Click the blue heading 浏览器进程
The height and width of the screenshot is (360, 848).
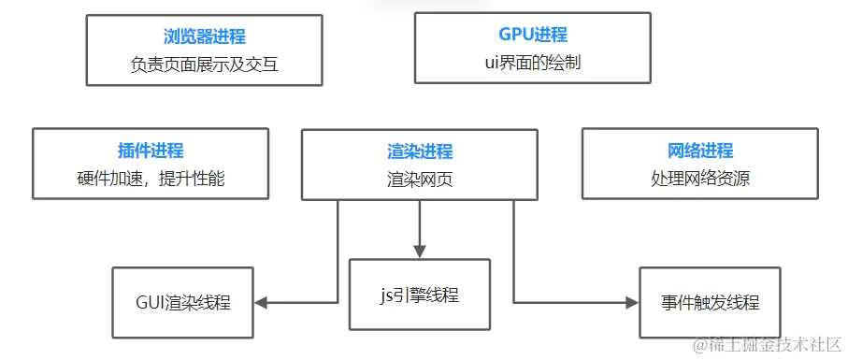(x=204, y=36)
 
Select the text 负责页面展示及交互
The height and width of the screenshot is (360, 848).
(x=204, y=65)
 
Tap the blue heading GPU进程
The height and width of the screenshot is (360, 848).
(x=533, y=35)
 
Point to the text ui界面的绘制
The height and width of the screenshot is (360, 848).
(x=533, y=63)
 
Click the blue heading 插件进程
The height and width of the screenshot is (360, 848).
(x=151, y=151)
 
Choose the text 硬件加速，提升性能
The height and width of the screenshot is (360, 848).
(x=151, y=179)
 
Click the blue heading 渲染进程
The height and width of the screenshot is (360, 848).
(x=420, y=151)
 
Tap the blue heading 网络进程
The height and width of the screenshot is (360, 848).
(x=700, y=151)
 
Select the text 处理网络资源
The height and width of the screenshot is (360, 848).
(x=700, y=179)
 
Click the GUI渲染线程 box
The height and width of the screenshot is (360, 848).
(x=183, y=302)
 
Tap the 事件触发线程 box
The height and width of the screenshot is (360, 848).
(x=710, y=302)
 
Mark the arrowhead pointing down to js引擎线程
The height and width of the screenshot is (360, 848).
(x=419, y=251)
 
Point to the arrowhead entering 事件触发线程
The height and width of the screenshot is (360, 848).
(x=632, y=302)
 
